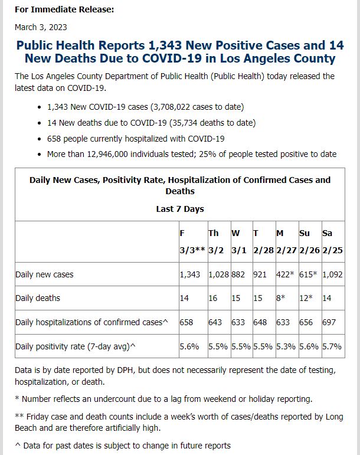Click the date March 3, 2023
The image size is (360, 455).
(41, 27)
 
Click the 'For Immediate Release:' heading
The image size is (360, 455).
(64, 9)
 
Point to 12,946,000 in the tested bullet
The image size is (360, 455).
(107, 154)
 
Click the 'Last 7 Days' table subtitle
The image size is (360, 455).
(180, 209)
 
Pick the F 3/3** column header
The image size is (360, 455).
(192, 242)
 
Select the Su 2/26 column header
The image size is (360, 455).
(309, 242)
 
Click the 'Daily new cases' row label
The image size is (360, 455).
(44, 274)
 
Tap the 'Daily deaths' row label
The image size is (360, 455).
(38, 298)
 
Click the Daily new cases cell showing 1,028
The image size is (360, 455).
(219, 274)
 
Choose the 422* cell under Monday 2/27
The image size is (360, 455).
(285, 274)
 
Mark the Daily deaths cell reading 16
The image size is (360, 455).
(213, 298)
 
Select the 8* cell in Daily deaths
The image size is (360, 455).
(281, 298)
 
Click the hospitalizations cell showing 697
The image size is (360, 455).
(329, 322)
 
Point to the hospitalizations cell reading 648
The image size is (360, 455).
(260, 322)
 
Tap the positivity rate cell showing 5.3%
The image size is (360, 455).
(286, 346)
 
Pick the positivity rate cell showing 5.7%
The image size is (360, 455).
(332, 346)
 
